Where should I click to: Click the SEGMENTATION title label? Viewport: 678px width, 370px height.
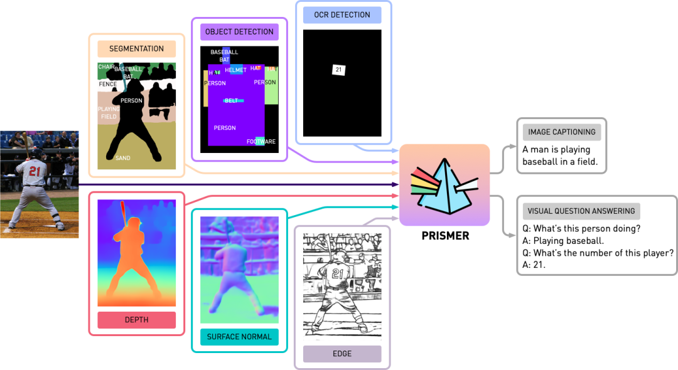click(x=136, y=49)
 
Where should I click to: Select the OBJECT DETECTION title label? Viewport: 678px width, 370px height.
click(x=239, y=32)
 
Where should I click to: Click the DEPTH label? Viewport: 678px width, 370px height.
click(x=136, y=320)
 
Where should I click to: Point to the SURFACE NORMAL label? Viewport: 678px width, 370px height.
click(x=239, y=337)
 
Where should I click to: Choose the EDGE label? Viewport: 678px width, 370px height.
click(x=342, y=354)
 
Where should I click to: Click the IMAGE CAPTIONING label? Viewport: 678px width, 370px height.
click(x=562, y=132)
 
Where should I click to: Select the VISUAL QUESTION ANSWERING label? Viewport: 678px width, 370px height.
click(x=581, y=211)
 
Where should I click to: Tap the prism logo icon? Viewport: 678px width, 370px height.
click(x=444, y=185)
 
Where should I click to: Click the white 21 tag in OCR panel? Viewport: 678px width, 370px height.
click(x=338, y=70)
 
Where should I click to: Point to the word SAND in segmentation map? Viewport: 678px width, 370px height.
click(x=123, y=158)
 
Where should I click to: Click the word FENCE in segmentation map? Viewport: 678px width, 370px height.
click(x=107, y=84)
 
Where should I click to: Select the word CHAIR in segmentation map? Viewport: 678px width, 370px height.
click(x=106, y=66)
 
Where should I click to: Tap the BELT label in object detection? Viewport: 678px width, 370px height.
click(x=232, y=100)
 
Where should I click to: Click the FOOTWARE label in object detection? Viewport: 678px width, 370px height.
click(x=261, y=142)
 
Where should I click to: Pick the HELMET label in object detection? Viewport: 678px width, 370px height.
click(x=236, y=70)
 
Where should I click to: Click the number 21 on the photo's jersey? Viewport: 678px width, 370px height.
click(x=35, y=171)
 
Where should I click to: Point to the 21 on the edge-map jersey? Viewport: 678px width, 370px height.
click(x=338, y=273)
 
